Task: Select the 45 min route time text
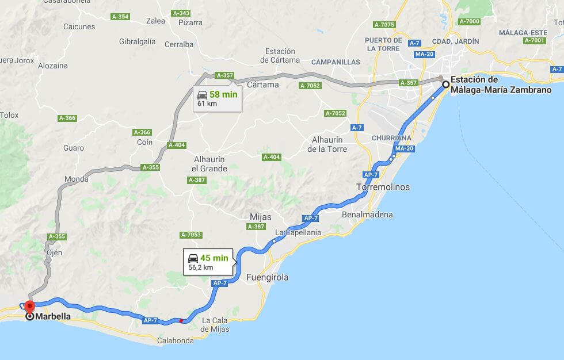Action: coord(214,258)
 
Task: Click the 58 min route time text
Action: coord(223,94)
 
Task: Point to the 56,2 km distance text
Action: coord(201,267)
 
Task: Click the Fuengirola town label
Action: coord(267,277)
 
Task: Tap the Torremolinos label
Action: coord(383,187)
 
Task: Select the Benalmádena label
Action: coord(367,215)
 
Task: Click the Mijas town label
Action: coord(261,217)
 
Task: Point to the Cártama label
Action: coord(262,85)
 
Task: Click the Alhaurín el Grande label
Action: coord(209,164)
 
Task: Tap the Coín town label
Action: coord(145,142)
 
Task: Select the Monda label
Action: coord(77,179)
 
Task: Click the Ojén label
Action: coord(53,252)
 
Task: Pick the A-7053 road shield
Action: coord(190,235)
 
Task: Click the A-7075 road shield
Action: coord(384,25)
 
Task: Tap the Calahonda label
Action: coord(175,340)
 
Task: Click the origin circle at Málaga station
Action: coord(445,85)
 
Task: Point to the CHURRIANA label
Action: coord(391,138)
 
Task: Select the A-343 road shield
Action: coord(181,13)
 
